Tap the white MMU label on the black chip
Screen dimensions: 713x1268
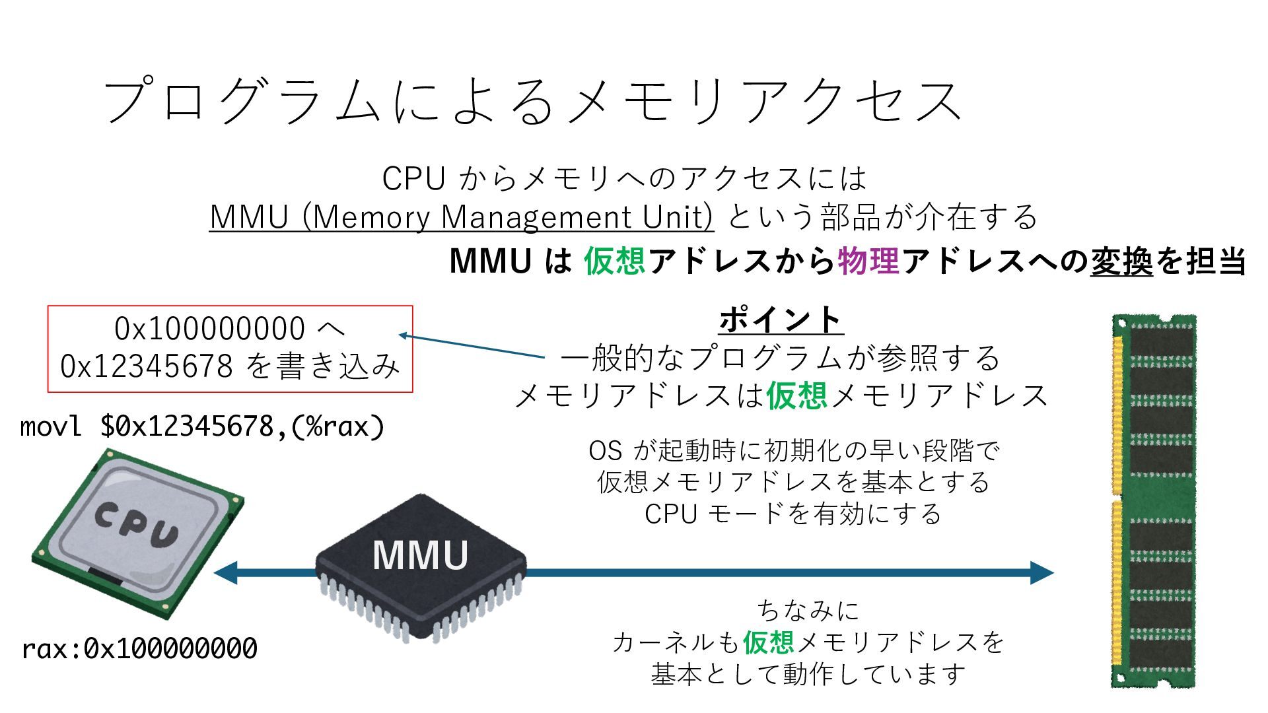[x=420, y=555]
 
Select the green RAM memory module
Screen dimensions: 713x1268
[x=1154, y=502]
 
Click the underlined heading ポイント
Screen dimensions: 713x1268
[x=781, y=320]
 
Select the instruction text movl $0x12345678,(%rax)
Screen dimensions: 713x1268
[x=202, y=426]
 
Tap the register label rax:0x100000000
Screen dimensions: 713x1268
[x=139, y=649]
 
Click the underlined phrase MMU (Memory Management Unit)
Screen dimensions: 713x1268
[x=461, y=217]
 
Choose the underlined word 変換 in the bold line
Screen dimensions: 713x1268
[x=1121, y=261]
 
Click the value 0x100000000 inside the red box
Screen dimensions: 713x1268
[x=209, y=329]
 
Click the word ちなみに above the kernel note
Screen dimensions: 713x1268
[x=808, y=610]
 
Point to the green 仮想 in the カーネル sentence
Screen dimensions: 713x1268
[x=769, y=642]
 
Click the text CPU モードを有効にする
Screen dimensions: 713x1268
[x=792, y=514]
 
